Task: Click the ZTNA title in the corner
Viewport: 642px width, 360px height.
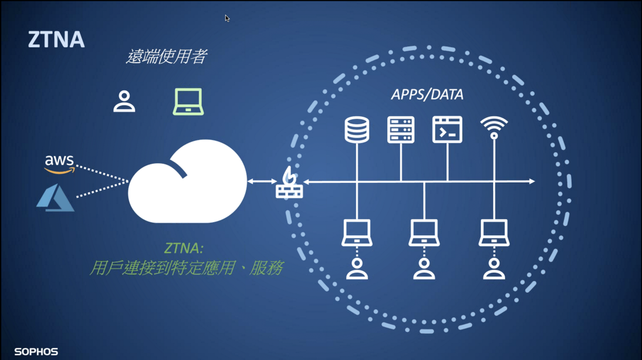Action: pyautogui.click(x=56, y=39)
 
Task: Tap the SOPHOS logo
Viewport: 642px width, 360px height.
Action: pyautogui.click(x=36, y=352)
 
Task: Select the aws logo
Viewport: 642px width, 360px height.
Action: pyautogui.click(x=59, y=163)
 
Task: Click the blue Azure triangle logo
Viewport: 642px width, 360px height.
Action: pyautogui.click(x=55, y=198)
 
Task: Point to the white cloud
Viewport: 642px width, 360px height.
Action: pyautogui.click(x=187, y=183)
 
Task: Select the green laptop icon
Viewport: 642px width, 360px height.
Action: pyautogui.click(x=188, y=102)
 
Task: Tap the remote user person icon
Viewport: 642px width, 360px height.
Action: pyautogui.click(x=124, y=101)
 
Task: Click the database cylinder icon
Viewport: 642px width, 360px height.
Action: pyautogui.click(x=357, y=130)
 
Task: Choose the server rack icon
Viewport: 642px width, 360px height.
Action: pyautogui.click(x=401, y=130)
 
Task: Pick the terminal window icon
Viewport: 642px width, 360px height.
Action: pyautogui.click(x=447, y=130)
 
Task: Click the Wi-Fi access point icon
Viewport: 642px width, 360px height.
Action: pyautogui.click(x=494, y=127)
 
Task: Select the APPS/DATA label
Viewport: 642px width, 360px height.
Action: pyautogui.click(x=427, y=94)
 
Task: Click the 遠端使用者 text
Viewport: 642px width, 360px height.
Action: pyautogui.click(x=166, y=56)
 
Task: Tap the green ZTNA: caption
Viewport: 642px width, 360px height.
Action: pyautogui.click(x=184, y=248)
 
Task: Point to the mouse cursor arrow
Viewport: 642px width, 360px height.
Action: pyautogui.click(x=227, y=18)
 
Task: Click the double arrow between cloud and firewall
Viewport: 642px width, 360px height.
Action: pyautogui.click(x=262, y=181)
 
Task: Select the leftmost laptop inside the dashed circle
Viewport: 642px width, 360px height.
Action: pyautogui.click(x=357, y=233)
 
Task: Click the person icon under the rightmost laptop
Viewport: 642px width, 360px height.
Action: pyautogui.click(x=494, y=269)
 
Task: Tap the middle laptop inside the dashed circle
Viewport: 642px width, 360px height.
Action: pyautogui.click(x=424, y=233)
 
